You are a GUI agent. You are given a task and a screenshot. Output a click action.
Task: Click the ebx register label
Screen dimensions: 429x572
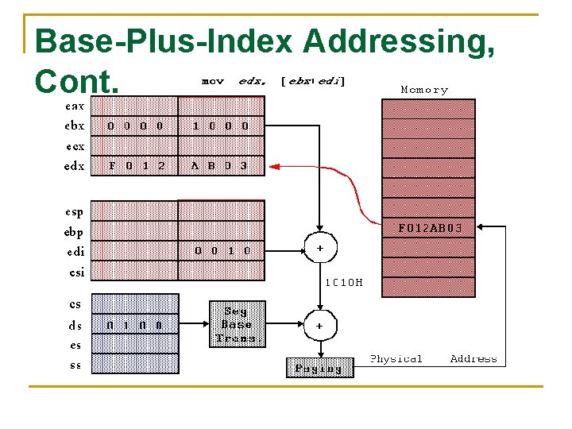74,126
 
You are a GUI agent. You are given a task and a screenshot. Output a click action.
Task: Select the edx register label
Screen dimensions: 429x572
74,167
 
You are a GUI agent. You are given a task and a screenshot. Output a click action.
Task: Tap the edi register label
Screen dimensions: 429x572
75,252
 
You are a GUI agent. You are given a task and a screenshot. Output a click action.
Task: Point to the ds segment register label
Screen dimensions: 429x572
75,325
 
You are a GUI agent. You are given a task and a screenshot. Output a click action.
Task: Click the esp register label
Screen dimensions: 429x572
74,212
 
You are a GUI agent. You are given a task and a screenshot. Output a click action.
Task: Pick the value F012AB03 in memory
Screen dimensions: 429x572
429,228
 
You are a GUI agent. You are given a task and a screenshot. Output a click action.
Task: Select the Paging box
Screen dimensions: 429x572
319,368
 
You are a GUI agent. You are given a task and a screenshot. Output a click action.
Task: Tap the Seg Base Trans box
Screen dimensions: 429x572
236,324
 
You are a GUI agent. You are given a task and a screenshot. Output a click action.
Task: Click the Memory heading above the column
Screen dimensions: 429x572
424,90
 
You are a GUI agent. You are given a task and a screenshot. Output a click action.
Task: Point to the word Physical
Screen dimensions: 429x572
396,359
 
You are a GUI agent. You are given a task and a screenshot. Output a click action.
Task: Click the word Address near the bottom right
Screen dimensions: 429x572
473,359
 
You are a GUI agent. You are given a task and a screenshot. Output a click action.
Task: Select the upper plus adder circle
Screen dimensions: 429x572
319,249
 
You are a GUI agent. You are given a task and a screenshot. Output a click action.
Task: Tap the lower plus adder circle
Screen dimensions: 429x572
319,325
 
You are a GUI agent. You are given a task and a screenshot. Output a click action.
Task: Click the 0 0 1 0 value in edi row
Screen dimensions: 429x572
222,250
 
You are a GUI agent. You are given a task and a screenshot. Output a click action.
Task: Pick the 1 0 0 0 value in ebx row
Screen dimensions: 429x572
221,126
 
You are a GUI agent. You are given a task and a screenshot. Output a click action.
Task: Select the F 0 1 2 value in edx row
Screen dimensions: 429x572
137,167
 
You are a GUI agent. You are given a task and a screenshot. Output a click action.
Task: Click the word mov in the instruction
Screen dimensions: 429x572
213,81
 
